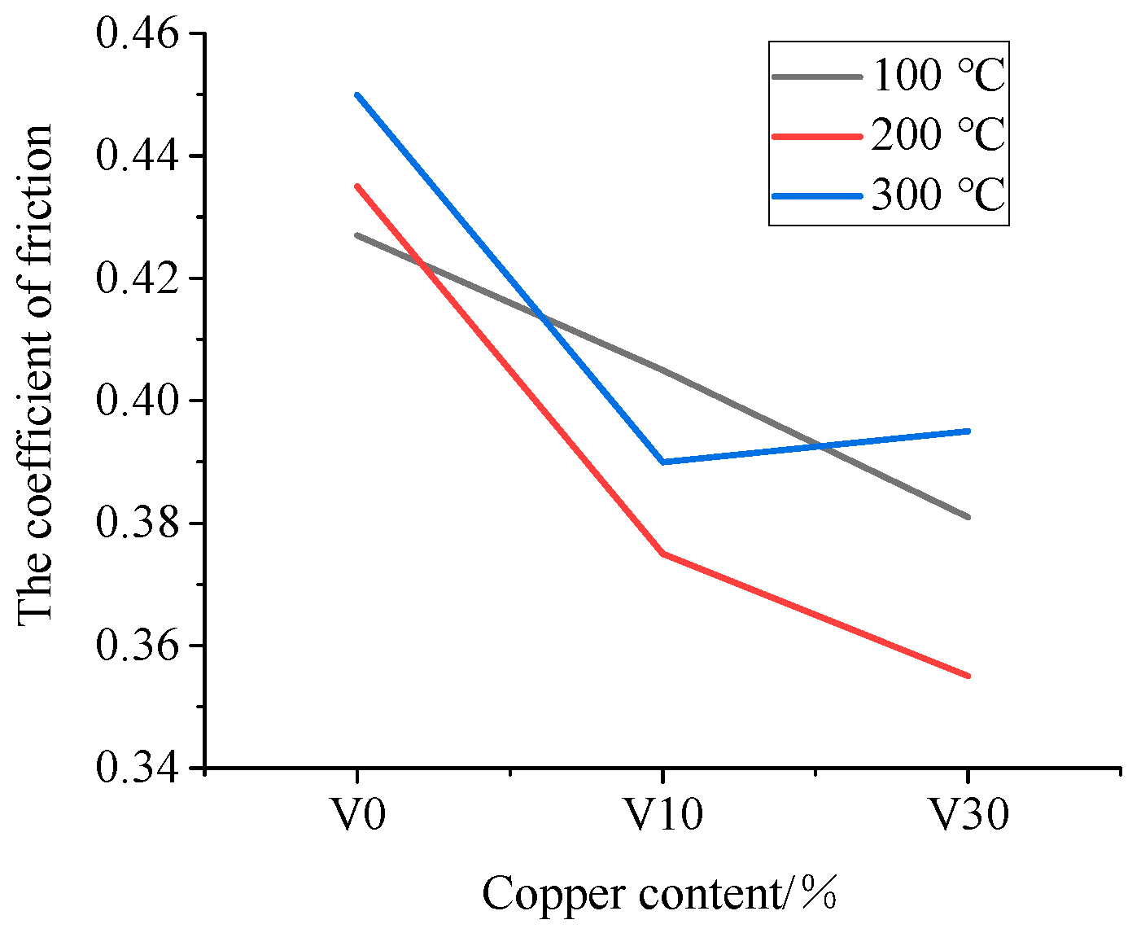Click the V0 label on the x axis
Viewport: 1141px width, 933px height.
pos(357,814)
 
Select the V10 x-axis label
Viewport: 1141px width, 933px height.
pos(663,814)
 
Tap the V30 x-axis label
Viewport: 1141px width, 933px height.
pos(969,814)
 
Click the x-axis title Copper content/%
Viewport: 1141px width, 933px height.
pos(659,894)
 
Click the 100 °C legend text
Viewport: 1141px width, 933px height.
pos(938,76)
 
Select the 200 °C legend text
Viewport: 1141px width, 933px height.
pos(938,135)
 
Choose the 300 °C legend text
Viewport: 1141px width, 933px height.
pos(938,195)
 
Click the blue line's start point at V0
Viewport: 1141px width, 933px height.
pos(357,94)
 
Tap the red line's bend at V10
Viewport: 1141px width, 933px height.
pos(663,554)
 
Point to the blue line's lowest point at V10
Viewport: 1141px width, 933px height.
pos(663,462)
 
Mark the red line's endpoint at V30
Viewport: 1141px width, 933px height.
pos(968,676)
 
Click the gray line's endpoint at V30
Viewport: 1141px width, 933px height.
pos(968,517)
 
